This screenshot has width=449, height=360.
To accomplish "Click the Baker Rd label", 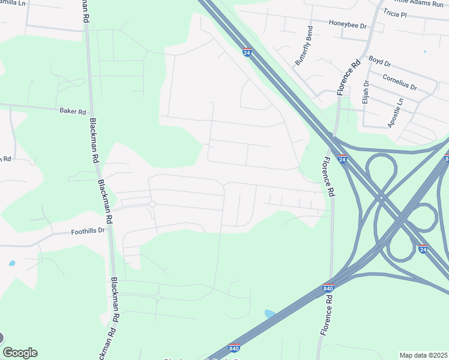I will pos(73,111).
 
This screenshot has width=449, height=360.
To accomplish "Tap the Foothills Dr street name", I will pos(88,230).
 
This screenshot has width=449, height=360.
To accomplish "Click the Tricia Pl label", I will pos(412,13).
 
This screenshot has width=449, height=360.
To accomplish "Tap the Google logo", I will pos(20,353).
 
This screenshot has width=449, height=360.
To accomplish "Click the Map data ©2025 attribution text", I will pos(423,355).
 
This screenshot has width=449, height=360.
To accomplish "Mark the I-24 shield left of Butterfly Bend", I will pos(247,52).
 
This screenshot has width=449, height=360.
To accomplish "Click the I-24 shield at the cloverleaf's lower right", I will pos(422,248).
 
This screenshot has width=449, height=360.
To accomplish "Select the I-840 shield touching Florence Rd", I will pos(328,288).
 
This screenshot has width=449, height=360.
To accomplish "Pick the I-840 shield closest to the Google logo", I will pos(234,348).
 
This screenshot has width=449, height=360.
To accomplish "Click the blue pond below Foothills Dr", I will pos(12,263).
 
